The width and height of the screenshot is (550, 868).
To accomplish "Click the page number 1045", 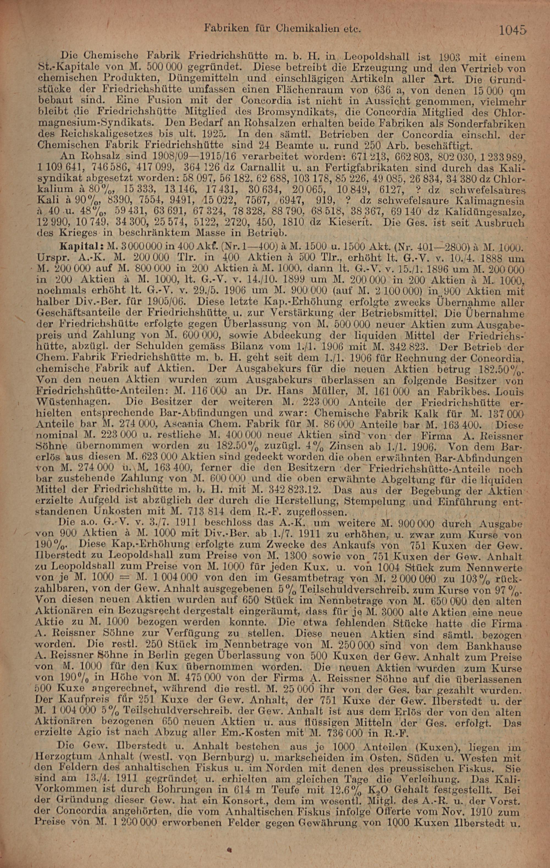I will [x=512, y=30].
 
